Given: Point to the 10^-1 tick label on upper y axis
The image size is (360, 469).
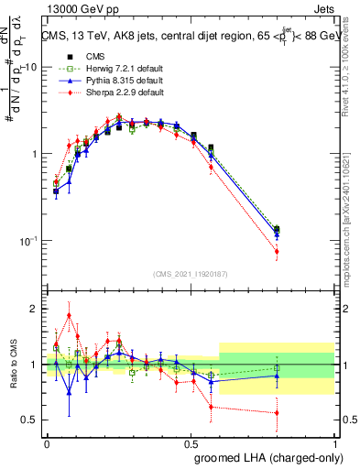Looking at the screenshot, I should pyautogui.click(x=27, y=241).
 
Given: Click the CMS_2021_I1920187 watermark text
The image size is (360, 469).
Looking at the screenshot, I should pyautogui.click(x=191, y=274).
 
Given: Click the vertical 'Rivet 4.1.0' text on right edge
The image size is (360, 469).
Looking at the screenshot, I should pyautogui.click(x=351, y=74).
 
